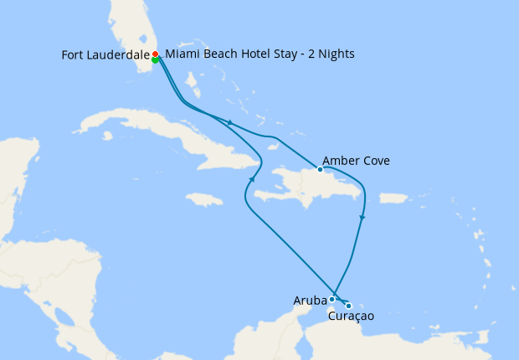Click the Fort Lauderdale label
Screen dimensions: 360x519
pos(105,55)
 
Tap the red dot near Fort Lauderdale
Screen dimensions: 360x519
pos(155,54)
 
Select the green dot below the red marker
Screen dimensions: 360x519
pos(156,59)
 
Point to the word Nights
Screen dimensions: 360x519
pos(335,54)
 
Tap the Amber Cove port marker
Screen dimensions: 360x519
pos(320,169)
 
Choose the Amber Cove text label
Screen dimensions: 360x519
pos(356,161)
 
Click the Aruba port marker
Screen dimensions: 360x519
pos(332,299)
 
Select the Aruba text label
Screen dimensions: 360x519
pos(310,300)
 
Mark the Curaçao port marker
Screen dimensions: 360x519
pos(348,306)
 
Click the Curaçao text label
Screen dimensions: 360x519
pos(351,316)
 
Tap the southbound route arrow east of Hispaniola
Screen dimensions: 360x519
pos(361,219)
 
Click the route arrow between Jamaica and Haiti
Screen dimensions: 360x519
pos(251,179)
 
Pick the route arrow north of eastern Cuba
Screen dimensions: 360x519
pos(229,123)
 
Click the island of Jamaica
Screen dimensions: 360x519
pos(203,199)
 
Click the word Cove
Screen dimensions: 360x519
pos(374,161)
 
